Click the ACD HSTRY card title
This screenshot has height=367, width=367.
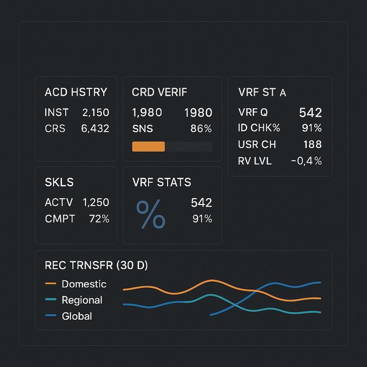76,92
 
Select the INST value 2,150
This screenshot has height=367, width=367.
95,112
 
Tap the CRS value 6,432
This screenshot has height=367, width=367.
95,128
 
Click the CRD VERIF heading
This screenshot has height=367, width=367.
159,92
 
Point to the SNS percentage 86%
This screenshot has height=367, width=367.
201,128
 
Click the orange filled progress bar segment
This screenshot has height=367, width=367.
148,146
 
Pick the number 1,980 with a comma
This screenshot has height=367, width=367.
147,112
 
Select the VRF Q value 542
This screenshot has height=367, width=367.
311,112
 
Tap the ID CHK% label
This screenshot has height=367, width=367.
259,128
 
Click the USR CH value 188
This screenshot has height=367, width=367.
312,144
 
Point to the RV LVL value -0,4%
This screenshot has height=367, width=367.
306,161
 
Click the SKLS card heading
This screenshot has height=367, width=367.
59,182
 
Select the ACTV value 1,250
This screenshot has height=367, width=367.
96,202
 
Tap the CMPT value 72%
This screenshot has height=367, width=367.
99,219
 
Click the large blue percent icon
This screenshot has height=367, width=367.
151,214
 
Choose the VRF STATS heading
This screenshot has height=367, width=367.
161,182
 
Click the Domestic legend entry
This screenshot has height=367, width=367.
76,284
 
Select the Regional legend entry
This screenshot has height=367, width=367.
73,300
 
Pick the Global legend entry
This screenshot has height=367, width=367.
68,316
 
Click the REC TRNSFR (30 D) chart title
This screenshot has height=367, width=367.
96,265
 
